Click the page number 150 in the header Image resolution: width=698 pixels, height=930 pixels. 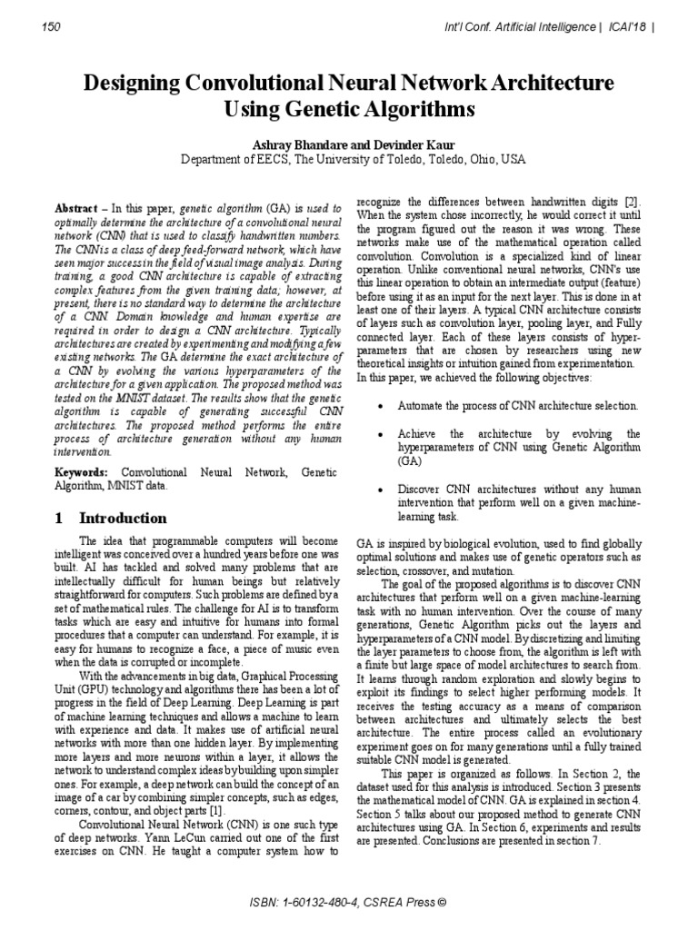coord(52,27)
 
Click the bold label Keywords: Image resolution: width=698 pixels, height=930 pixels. coord(81,473)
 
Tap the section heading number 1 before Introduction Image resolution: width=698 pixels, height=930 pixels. coord(59,519)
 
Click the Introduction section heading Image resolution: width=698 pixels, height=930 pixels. coord(124,519)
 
